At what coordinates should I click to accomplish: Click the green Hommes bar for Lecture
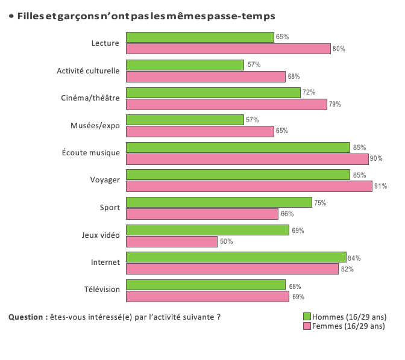point(200,37)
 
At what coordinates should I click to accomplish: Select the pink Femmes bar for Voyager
point(249,187)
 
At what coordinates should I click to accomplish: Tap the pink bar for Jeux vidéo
point(172,241)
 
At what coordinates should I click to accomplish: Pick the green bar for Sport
point(219,203)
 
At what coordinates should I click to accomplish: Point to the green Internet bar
point(236,258)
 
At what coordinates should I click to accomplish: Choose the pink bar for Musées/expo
point(200,131)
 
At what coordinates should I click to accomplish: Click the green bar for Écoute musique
point(237,147)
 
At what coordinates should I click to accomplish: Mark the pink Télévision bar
point(207,297)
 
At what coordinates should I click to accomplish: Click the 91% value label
point(380,187)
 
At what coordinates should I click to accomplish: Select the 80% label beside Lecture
point(339,49)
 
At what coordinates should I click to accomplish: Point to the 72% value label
point(309,93)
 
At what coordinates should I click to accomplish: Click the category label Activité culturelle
point(88,70)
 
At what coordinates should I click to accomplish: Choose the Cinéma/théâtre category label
point(91,98)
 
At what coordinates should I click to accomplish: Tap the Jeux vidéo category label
point(101,235)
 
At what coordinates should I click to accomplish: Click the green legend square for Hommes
point(306,317)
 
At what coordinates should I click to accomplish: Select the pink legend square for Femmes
point(306,326)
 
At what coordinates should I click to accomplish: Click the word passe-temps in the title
point(244,16)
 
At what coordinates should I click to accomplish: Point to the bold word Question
point(26,317)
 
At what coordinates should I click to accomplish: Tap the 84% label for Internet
point(354,258)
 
